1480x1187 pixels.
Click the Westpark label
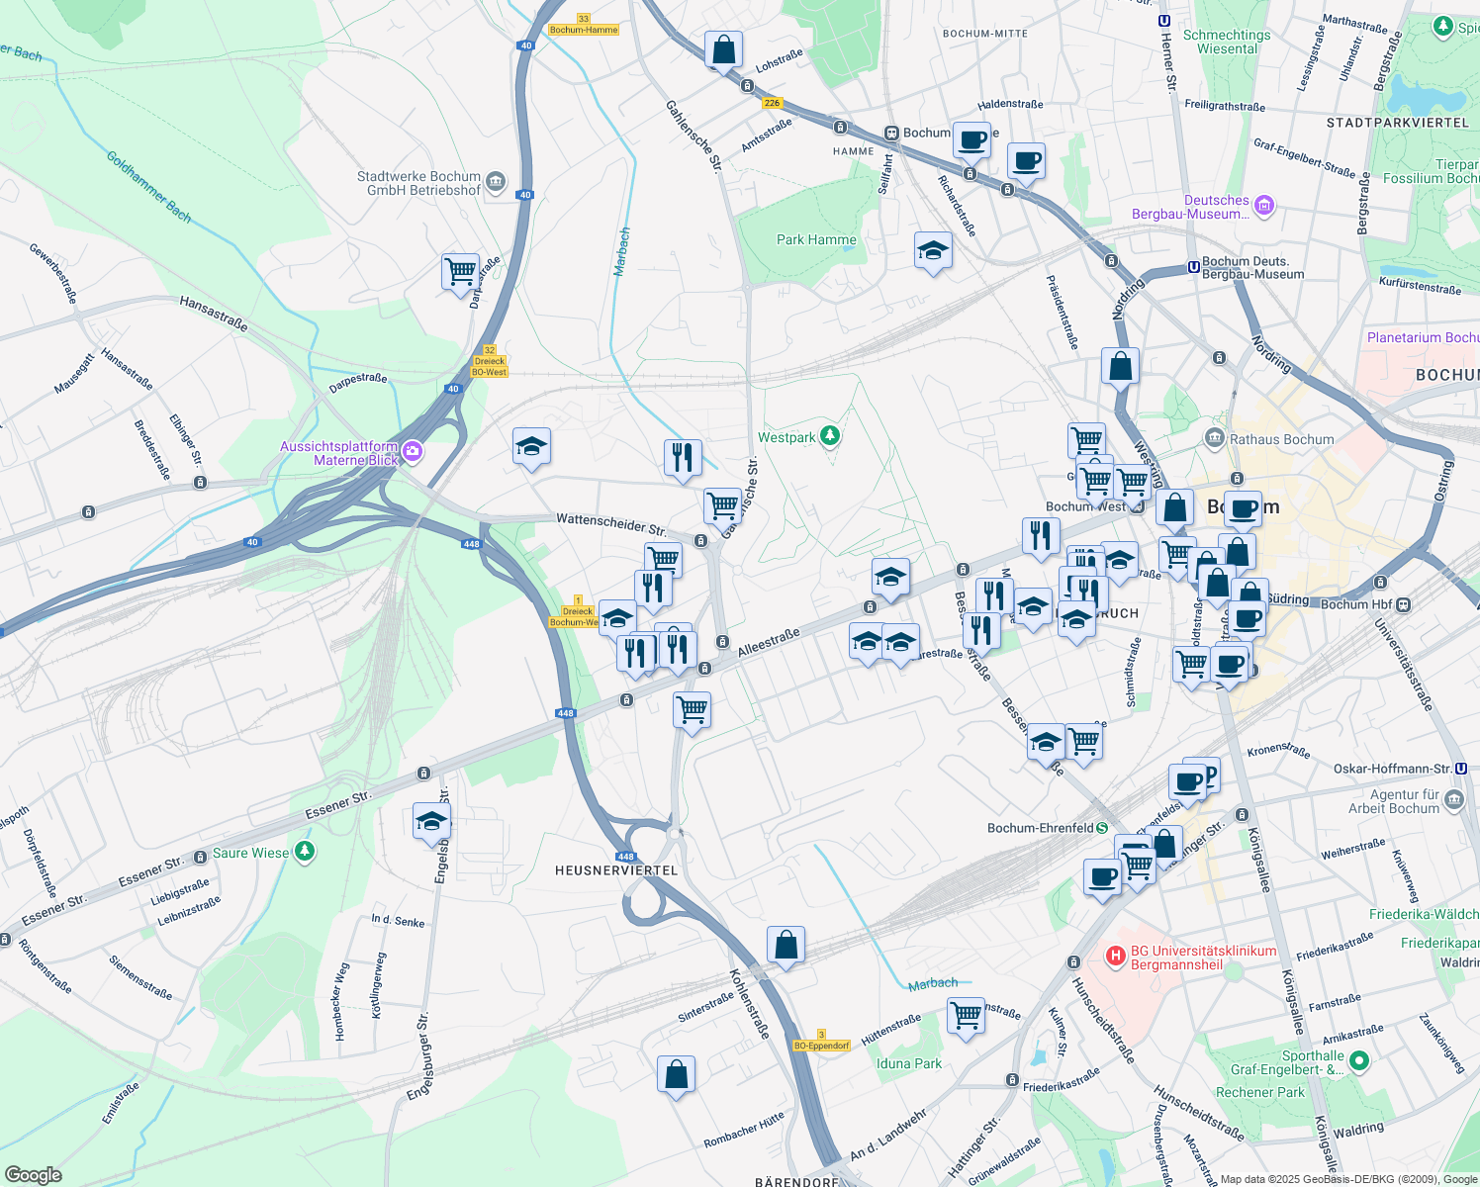tap(787, 437)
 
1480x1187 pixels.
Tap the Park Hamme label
tap(816, 239)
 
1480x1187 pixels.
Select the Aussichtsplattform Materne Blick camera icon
tap(413, 453)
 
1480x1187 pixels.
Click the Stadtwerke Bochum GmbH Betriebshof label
tap(418, 183)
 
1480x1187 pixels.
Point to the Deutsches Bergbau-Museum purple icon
tap(1263, 206)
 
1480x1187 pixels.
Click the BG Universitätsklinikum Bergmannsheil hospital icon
tap(1116, 957)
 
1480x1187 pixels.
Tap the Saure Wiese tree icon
tap(305, 852)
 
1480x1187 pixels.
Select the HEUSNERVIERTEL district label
tap(616, 870)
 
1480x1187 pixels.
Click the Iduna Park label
tap(909, 1063)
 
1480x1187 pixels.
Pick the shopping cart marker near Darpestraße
tap(460, 271)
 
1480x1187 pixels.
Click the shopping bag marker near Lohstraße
tap(723, 48)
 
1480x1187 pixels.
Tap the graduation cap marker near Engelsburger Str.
tap(431, 821)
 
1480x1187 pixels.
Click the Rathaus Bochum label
tap(1281, 439)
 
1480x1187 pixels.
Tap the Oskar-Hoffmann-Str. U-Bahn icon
tap(1461, 769)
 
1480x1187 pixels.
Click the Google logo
tap(34, 1174)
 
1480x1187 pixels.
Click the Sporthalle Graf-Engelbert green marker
tap(1359, 1061)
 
